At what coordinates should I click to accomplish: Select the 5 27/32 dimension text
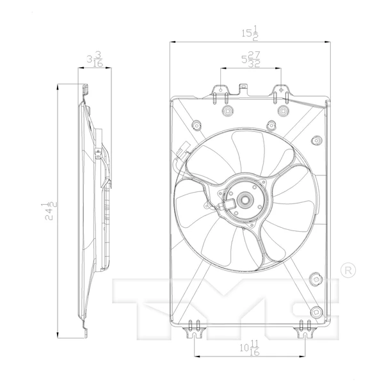coord(251,60)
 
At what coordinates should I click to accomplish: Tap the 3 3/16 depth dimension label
coord(95,60)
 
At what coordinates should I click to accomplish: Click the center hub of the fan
coord(244,200)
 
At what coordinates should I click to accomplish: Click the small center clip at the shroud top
coord(242,88)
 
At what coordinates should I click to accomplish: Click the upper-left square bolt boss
coord(227,113)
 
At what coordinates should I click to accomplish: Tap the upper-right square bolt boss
coord(281,113)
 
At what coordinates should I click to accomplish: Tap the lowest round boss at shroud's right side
coord(314,280)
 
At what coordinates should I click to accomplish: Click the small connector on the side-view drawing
coord(97,154)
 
